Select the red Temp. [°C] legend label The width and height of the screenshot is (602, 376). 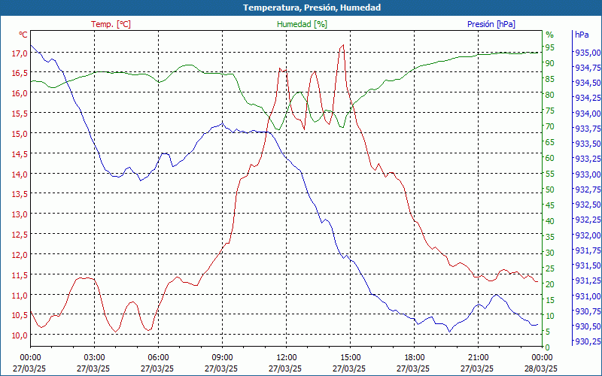click(x=111, y=24)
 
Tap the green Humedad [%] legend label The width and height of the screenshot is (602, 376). click(x=303, y=24)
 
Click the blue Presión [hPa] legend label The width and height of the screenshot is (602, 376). click(x=491, y=24)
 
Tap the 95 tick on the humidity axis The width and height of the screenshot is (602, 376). click(x=550, y=47)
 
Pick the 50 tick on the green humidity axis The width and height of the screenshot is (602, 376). click(x=550, y=190)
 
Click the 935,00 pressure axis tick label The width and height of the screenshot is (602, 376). click(x=587, y=53)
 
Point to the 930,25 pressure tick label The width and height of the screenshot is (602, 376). click(x=587, y=342)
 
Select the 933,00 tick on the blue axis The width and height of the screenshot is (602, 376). click(x=587, y=174)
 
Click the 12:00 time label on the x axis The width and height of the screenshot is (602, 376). click(x=287, y=357)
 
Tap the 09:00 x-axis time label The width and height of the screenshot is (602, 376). click(x=222, y=357)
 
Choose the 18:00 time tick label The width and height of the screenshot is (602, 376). click(x=415, y=357)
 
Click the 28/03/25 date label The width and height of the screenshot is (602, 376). click(x=542, y=368)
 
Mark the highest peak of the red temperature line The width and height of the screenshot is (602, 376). click(x=343, y=45)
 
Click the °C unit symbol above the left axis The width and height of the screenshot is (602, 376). click(x=23, y=35)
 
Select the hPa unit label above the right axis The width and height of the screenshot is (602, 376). click(x=582, y=35)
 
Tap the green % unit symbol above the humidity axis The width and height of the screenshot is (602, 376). click(x=549, y=35)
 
